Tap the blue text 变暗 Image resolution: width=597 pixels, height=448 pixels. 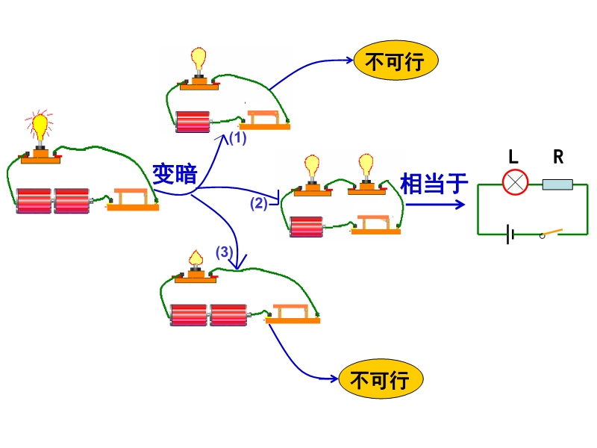pyautogui.click(x=175, y=174)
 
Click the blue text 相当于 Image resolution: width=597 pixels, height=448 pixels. pyautogui.click(x=434, y=183)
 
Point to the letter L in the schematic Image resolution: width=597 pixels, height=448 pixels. pyautogui.click(x=513, y=157)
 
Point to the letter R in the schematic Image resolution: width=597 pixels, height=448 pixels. pyautogui.click(x=558, y=157)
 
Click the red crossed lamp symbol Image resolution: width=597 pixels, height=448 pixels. pyautogui.click(x=515, y=182)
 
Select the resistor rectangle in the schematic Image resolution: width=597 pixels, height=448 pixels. pyautogui.click(x=557, y=184)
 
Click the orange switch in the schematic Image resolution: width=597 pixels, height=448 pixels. pyautogui.click(x=552, y=232)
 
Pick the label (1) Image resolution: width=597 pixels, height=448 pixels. pyautogui.click(x=237, y=138)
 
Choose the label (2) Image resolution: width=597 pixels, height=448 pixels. pyautogui.click(x=258, y=202)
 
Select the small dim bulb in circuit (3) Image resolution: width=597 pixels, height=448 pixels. pyautogui.click(x=196, y=258)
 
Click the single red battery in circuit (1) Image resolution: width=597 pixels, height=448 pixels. pyautogui.click(x=193, y=122)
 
